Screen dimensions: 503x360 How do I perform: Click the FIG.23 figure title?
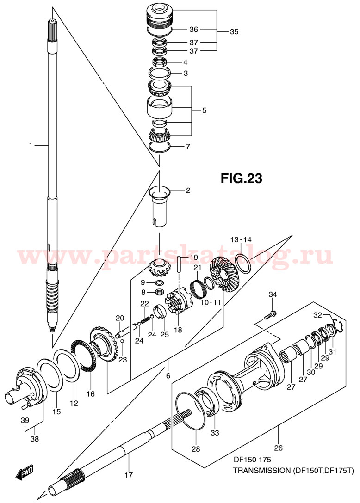pos(241,178)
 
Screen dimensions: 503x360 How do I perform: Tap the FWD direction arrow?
pos(22,472)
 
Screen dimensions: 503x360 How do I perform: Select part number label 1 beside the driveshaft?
pos(31,146)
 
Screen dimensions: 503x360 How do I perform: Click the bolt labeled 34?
pos(271,315)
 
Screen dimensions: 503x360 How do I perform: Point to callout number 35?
pos(234,32)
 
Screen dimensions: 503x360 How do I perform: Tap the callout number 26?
pos(279,448)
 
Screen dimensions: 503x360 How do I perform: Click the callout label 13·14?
pos(241,239)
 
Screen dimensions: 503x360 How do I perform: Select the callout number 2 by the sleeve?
pos(188,190)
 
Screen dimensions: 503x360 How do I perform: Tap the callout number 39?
pos(25,420)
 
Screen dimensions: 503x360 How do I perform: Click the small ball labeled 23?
pos(122,341)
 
